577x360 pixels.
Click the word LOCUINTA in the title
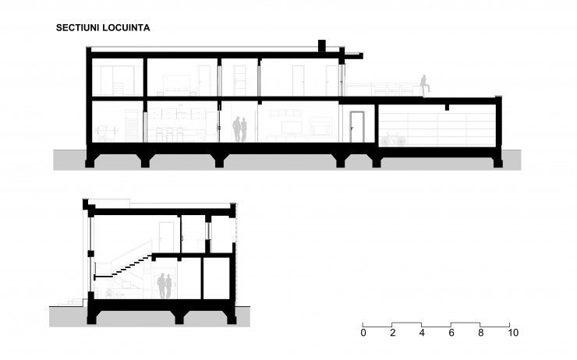pyautogui.click(x=126, y=28)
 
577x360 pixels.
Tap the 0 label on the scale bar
pyautogui.click(x=363, y=333)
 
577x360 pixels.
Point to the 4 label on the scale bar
pyautogui.click(x=422, y=333)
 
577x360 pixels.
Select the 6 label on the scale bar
pyautogui.click(x=451, y=333)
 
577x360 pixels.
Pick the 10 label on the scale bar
pyautogui.click(x=512, y=333)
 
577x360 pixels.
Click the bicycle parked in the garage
pyautogui.click(x=393, y=139)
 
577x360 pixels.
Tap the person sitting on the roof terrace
pyautogui.click(x=425, y=86)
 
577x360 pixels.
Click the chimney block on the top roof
pyautogui.click(x=322, y=46)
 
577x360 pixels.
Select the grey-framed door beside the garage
pyautogui.click(x=356, y=127)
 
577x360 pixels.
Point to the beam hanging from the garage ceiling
pyautogui.click(x=447, y=107)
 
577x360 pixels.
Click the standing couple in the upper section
pyautogui.click(x=239, y=129)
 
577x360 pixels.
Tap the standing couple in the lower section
pyautogui.click(x=165, y=286)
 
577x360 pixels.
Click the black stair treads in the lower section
pyautogui.click(x=124, y=267)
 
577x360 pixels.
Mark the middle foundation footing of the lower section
pyautogui.click(x=179, y=316)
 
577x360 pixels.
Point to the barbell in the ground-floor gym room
pyautogui.click(x=107, y=130)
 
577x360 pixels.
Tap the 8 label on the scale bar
pyautogui.click(x=480, y=333)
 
